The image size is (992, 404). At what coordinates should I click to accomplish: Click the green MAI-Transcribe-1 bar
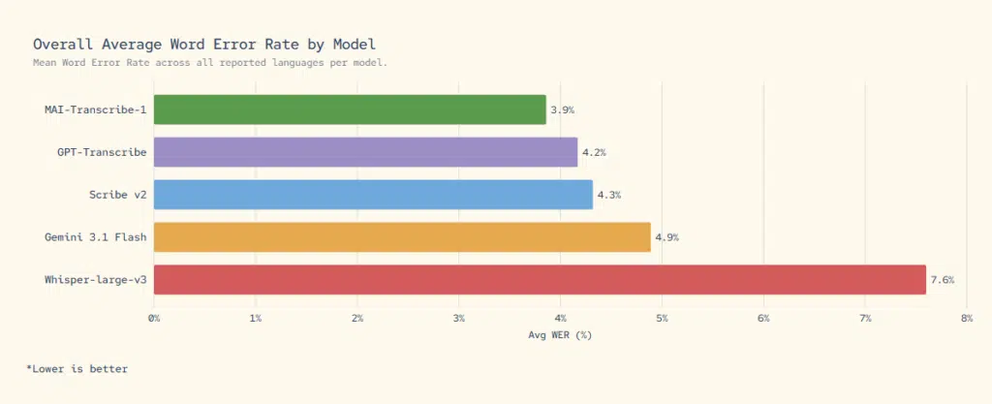[x=349, y=109]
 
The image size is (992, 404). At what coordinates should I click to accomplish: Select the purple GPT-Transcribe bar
[x=365, y=152]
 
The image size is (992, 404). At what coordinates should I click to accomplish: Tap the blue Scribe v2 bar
[x=373, y=195]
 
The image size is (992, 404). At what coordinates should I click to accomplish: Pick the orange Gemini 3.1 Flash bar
[x=402, y=237]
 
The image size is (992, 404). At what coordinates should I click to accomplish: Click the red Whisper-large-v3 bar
[x=540, y=280]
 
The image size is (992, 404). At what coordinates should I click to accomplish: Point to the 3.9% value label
[x=562, y=110]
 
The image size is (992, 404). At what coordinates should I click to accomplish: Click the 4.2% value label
[x=594, y=153]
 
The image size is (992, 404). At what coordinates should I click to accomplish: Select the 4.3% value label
[x=608, y=196]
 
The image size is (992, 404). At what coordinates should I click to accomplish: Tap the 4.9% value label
[x=666, y=238]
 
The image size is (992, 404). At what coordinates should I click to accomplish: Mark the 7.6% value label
[x=942, y=281]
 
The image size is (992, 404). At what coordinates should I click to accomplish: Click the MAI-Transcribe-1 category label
[x=95, y=109]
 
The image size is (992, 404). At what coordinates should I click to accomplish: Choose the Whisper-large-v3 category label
[x=95, y=280]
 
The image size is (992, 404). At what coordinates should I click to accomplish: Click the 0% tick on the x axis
[x=154, y=318]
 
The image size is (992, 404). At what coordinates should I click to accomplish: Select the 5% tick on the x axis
[x=662, y=318]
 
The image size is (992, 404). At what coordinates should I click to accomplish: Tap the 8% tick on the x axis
[x=966, y=318]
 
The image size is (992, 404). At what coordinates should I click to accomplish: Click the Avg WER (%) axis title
[x=559, y=335]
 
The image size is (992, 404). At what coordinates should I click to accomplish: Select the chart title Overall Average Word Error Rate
[x=204, y=45]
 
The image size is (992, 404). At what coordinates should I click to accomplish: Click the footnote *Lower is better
[x=77, y=369]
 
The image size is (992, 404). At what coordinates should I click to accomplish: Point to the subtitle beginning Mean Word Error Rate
[x=209, y=63]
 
